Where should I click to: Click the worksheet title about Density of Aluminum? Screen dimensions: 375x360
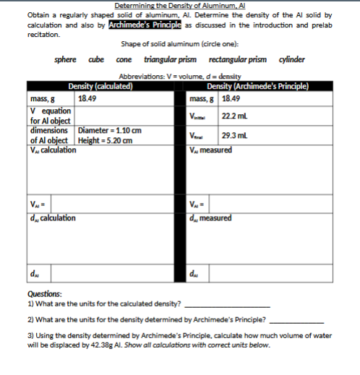[x=181, y=6]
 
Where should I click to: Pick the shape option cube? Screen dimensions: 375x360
[x=95, y=59]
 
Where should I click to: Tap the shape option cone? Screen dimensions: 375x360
[x=122, y=59]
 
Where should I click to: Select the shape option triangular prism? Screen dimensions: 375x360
[x=170, y=59]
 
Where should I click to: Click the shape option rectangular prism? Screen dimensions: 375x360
[x=237, y=59]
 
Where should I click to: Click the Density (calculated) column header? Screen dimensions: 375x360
[x=100, y=87]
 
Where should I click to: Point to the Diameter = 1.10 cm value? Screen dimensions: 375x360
[x=110, y=131]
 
